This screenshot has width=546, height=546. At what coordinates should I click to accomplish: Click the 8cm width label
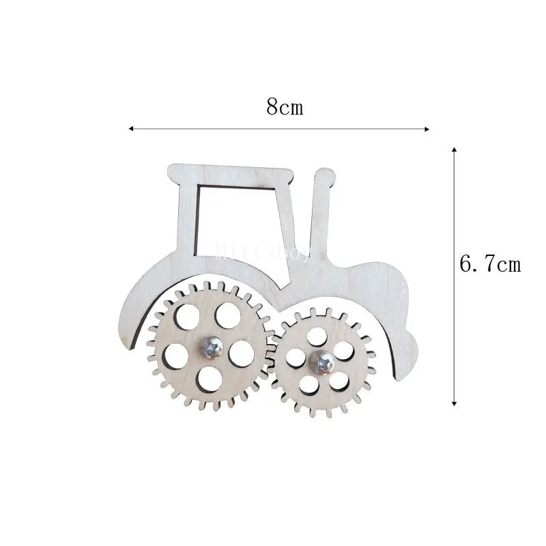285,107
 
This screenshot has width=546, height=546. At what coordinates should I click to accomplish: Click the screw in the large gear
211,347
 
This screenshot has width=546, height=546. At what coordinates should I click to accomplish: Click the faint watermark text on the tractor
263,254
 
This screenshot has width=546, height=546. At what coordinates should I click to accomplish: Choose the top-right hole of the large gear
225,315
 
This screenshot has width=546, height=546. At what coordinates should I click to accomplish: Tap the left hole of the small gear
297,358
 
